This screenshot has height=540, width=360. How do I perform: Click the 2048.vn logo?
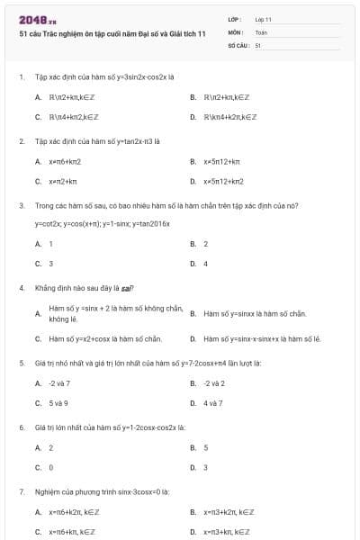(x=37, y=19)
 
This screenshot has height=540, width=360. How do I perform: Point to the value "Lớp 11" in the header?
(x=264, y=19)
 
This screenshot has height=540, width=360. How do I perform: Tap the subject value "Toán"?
(x=261, y=31)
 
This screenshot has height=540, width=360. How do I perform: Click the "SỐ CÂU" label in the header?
(x=238, y=44)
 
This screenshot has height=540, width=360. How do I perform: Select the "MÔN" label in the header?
(x=235, y=31)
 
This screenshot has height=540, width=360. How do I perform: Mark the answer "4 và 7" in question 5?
(x=213, y=403)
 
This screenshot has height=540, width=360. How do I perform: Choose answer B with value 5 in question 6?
(x=205, y=447)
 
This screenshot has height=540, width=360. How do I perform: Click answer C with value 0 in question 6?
(x=50, y=467)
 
